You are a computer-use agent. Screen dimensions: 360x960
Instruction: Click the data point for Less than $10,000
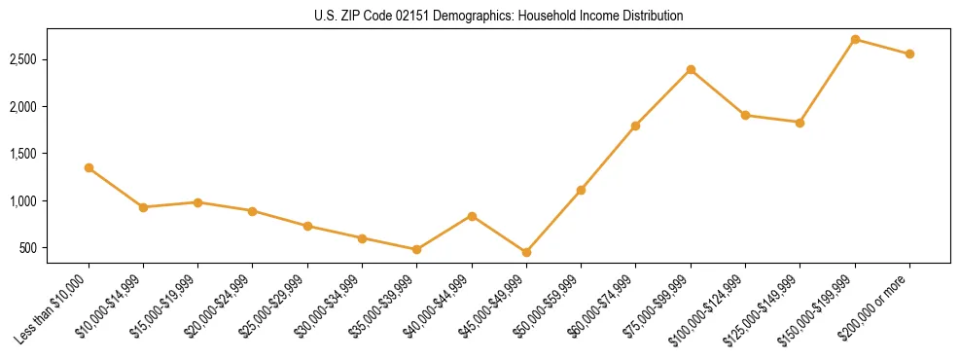89,168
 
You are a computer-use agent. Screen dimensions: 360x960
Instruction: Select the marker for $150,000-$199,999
855,40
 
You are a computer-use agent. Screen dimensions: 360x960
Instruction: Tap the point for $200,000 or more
909,54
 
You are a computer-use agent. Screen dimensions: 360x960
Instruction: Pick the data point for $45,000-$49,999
526,252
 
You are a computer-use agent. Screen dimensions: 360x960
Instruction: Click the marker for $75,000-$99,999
691,70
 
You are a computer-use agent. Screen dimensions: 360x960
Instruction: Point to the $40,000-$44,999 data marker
472,216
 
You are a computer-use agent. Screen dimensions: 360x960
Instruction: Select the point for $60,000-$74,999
636,126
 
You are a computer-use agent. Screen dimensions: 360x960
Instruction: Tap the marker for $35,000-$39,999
417,249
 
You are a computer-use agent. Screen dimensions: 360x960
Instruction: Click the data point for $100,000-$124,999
745,115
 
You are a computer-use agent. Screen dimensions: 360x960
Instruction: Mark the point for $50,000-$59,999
581,190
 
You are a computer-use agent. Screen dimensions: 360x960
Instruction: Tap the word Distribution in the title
652,17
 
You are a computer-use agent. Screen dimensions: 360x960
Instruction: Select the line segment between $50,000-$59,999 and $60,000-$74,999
608,158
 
